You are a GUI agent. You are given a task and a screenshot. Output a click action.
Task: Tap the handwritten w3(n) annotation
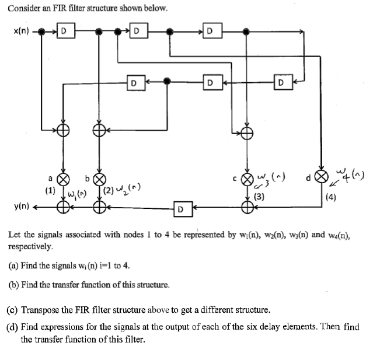tap(270, 176)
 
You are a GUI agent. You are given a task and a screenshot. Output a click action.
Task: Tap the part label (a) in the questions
tap(13, 266)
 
